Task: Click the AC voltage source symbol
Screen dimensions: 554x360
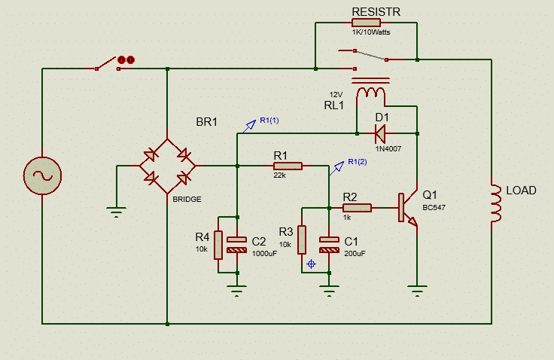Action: [42, 175]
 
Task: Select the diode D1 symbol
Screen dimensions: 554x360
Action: [381, 133]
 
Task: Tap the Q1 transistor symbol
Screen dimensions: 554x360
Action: [408, 208]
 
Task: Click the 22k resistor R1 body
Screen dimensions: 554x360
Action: [288, 166]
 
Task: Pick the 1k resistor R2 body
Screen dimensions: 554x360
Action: [357, 208]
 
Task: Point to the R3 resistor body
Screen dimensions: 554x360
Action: [302, 239]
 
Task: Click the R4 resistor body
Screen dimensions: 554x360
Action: [218, 245]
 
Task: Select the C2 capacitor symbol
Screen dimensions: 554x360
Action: [236, 245]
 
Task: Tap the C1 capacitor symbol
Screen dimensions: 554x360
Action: [329, 245]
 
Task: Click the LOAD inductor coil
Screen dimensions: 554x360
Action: [496, 203]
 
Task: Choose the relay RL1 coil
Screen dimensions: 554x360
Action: [370, 93]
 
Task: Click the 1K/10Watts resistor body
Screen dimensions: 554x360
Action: [366, 23]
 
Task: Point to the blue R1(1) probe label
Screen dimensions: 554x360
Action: [269, 121]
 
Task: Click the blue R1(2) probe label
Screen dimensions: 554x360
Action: [358, 162]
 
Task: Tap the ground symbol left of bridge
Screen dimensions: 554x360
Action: [116, 212]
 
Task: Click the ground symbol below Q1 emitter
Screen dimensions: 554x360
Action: [417, 291]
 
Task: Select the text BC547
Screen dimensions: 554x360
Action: [434, 208]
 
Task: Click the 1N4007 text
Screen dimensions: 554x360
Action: [388, 149]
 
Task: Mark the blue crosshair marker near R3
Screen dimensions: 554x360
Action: [312, 264]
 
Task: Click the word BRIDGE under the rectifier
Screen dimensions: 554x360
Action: [187, 200]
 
